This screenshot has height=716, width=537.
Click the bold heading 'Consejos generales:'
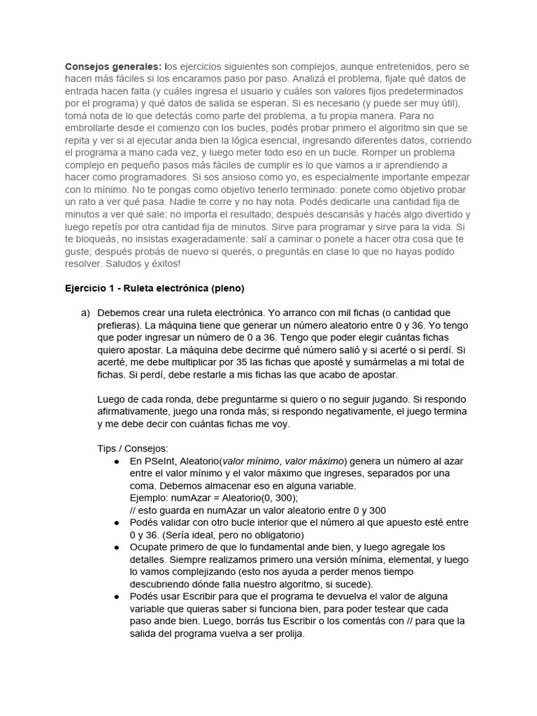(x=114, y=66)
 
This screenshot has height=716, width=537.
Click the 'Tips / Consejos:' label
(x=132, y=447)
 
